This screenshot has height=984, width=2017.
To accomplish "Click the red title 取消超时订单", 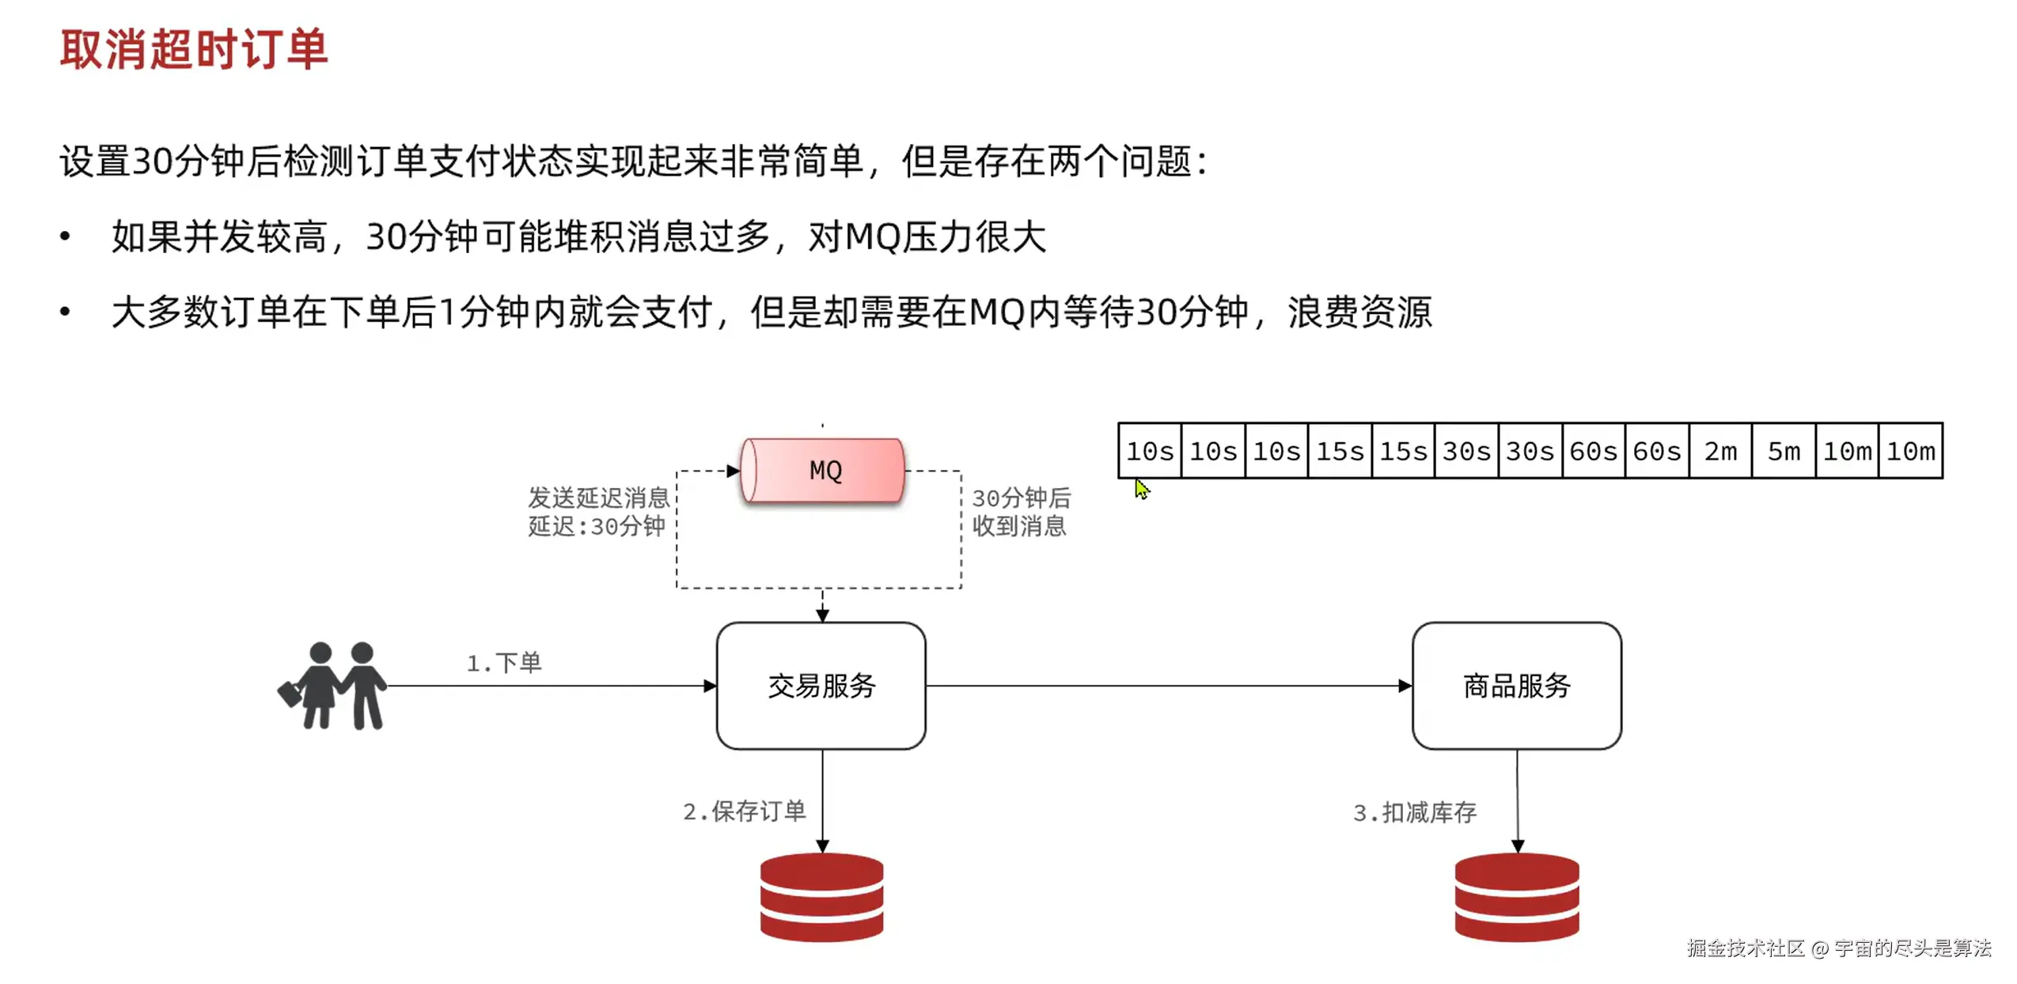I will tap(193, 49).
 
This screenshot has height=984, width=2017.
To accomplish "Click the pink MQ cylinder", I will tap(823, 471).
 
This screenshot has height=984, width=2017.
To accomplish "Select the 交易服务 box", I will tap(821, 685).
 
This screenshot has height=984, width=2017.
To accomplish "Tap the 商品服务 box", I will tap(1515, 685).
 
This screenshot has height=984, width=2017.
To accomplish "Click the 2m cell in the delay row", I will tap(1719, 451).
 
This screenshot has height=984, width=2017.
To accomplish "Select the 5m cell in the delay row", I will tap(1783, 451).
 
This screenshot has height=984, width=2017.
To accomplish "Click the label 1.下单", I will tap(503, 662).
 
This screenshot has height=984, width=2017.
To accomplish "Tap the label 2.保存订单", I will tap(744, 811).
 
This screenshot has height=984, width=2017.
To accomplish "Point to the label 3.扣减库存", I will tap(1414, 812).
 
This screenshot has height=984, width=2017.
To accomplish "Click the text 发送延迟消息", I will tap(598, 498).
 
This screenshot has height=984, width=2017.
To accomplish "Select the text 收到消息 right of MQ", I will tap(1018, 526).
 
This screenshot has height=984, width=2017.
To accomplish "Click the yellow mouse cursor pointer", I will tap(1141, 488).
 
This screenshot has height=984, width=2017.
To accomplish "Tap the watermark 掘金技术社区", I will tap(1745, 948).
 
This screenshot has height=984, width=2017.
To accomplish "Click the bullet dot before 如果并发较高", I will tap(65, 236).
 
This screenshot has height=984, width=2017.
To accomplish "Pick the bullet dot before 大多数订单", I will tap(65, 312).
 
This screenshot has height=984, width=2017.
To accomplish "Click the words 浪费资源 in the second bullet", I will tap(1359, 312).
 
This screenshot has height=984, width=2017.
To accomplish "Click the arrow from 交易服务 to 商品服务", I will tap(1167, 685).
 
